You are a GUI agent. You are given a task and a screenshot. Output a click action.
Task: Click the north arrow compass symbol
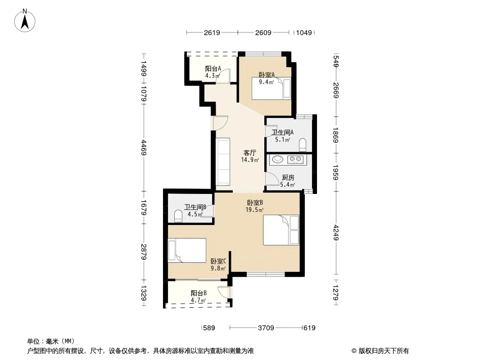[x=25, y=20]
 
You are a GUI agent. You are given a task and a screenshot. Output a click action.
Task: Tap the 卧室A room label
[x=267, y=75]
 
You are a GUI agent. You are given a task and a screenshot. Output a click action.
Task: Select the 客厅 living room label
[x=250, y=153]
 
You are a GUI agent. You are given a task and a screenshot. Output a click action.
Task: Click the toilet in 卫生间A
[x=303, y=145]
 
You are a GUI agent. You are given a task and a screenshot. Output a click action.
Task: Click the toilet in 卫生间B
[x=178, y=216]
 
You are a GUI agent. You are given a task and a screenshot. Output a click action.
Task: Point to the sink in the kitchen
[x=278, y=159]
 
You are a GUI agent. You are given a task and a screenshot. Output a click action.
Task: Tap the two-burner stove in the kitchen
[x=296, y=159]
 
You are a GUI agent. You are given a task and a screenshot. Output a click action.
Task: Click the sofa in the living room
[x=223, y=162]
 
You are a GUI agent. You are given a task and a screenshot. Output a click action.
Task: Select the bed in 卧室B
[x=281, y=230]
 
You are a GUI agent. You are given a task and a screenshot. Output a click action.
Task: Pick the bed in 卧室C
[x=187, y=250]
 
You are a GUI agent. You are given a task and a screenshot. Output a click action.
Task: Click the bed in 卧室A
[x=271, y=88]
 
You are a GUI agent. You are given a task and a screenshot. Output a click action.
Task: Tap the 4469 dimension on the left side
[x=144, y=148]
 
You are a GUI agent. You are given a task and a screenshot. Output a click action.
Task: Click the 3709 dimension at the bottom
[x=266, y=328]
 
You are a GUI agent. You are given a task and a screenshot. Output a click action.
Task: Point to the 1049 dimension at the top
[x=304, y=32]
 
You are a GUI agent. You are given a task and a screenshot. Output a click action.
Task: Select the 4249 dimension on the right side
[x=336, y=233]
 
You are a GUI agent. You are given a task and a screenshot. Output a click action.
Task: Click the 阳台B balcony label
[x=199, y=293]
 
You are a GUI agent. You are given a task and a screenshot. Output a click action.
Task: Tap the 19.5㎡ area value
[x=254, y=210]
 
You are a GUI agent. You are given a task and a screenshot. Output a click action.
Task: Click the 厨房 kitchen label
[x=288, y=177]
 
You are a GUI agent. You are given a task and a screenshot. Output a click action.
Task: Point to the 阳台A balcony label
[x=213, y=68]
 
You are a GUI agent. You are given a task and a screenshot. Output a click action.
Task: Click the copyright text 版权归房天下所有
[x=384, y=351]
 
